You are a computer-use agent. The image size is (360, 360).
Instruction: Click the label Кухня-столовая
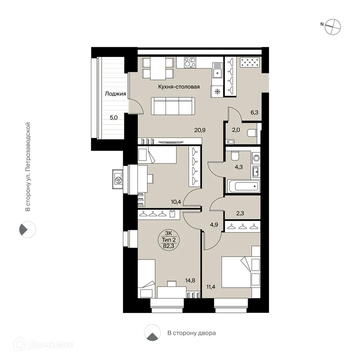[x=179, y=87]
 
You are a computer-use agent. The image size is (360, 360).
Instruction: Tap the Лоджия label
[x=115, y=94]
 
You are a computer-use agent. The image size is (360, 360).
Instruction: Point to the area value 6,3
[x=254, y=112]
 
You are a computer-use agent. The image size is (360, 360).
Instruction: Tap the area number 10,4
[x=176, y=202]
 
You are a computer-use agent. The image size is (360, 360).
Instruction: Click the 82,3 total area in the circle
[x=167, y=246]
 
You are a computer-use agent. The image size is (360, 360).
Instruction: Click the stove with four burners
[x=190, y=62]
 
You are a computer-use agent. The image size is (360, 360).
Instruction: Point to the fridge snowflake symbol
[x=217, y=91]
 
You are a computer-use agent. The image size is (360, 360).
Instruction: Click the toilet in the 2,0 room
[x=252, y=133]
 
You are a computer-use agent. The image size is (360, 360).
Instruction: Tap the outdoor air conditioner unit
[x=118, y=179]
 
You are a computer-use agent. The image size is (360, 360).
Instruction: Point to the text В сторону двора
[x=192, y=333]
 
